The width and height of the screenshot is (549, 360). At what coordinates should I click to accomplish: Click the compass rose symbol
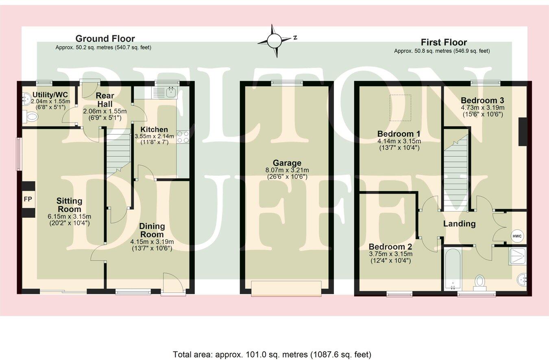274,40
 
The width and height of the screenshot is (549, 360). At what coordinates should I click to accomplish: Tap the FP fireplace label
28,199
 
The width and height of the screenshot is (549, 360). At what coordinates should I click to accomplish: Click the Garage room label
287,163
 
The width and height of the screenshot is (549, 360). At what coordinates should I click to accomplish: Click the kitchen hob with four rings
183,137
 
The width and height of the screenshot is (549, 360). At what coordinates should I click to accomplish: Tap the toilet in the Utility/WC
30,117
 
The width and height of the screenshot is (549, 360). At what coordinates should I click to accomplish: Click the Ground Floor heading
105,39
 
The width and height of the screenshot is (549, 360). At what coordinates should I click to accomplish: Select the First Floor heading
444,42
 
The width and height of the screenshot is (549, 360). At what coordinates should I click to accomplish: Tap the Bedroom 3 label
479,100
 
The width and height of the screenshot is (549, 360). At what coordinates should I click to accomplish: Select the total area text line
272,354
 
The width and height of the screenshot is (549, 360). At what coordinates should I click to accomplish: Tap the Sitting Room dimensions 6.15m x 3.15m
69,216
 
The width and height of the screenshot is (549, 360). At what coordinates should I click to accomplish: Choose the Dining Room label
152,230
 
